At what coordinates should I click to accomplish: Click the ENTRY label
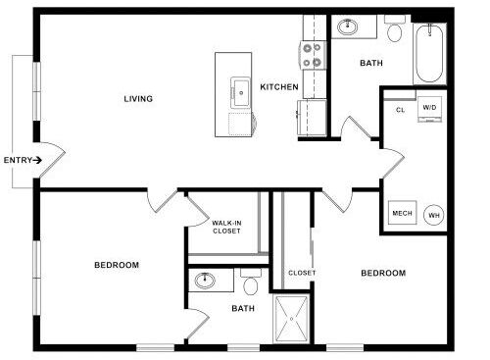[18, 160]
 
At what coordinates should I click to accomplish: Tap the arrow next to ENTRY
[37, 160]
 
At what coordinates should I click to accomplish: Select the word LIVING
[138, 98]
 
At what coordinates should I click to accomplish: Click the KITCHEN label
[279, 87]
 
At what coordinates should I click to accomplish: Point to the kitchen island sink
[241, 92]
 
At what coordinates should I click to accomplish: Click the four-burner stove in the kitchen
[313, 55]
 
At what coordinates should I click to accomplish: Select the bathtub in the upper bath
[429, 53]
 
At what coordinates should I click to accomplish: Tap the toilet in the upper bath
[395, 28]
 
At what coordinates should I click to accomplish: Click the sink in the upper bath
[348, 26]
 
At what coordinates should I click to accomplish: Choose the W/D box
[429, 109]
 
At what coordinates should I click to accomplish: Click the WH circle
[434, 215]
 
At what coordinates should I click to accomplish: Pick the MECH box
[402, 213]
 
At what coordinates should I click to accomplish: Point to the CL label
[401, 110]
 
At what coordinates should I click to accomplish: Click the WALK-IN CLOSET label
[226, 227]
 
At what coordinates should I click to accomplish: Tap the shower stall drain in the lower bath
[292, 319]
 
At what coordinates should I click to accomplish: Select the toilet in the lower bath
[251, 282]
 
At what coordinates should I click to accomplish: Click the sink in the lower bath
[205, 281]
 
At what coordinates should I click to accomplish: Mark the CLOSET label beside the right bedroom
[302, 273]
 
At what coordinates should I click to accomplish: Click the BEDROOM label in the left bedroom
[117, 265]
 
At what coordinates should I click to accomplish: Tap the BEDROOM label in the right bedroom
[383, 273]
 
